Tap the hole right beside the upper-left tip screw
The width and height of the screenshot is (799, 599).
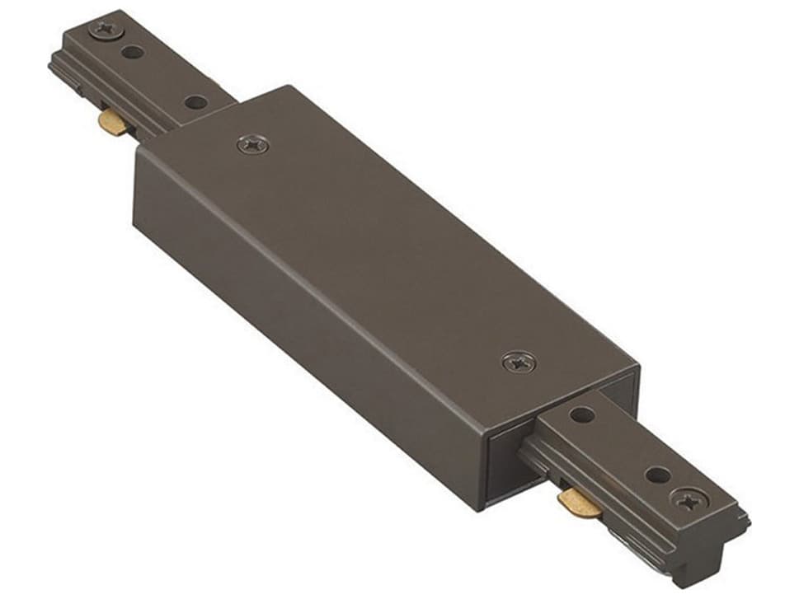(x=131, y=53)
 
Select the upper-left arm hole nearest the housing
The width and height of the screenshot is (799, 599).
(x=195, y=102)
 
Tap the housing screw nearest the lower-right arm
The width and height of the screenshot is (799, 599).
(x=518, y=361)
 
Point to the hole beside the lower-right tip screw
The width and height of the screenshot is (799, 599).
(x=658, y=475)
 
